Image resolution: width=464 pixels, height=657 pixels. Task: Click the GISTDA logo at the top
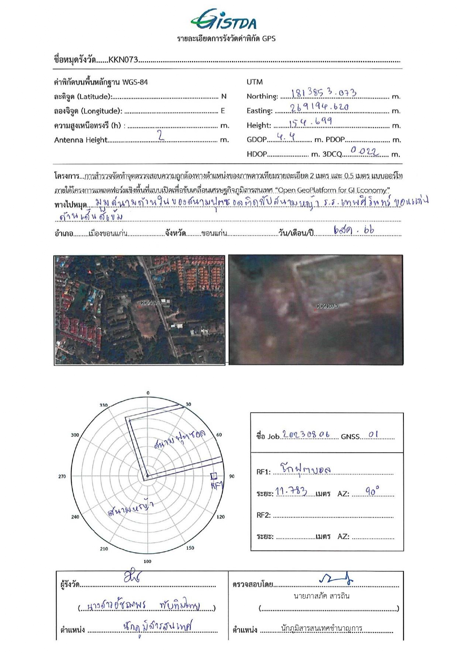224,19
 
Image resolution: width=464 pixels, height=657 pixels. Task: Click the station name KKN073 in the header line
123,60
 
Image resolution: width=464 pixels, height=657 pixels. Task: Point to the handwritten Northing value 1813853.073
323,93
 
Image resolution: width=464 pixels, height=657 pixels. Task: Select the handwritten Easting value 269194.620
319,107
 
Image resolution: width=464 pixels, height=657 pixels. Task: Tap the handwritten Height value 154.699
310,122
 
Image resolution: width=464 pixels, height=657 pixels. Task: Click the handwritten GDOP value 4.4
286,137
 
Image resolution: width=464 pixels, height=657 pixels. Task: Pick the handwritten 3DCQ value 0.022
364,151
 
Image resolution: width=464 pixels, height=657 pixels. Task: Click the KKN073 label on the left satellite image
151,302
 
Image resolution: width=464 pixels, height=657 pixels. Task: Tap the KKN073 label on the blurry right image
327,306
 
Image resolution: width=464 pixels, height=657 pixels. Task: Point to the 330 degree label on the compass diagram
104,405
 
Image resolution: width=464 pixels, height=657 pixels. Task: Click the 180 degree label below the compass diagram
148,561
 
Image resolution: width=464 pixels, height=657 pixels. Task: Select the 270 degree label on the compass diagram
62,476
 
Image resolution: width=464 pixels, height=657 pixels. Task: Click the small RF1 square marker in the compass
213,476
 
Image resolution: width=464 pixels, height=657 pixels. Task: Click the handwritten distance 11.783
291,491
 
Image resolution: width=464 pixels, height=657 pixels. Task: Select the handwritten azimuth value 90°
372,491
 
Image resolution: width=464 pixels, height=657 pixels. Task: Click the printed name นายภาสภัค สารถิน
322,596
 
